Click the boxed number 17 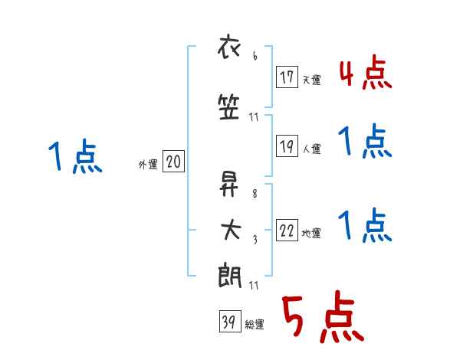[x=287, y=77]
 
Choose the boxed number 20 [x=173, y=162]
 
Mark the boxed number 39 [x=228, y=322]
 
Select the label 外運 [x=148, y=164]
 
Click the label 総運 [x=254, y=325]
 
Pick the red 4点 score [x=365, y=74]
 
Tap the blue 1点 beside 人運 [x=365, y=142]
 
